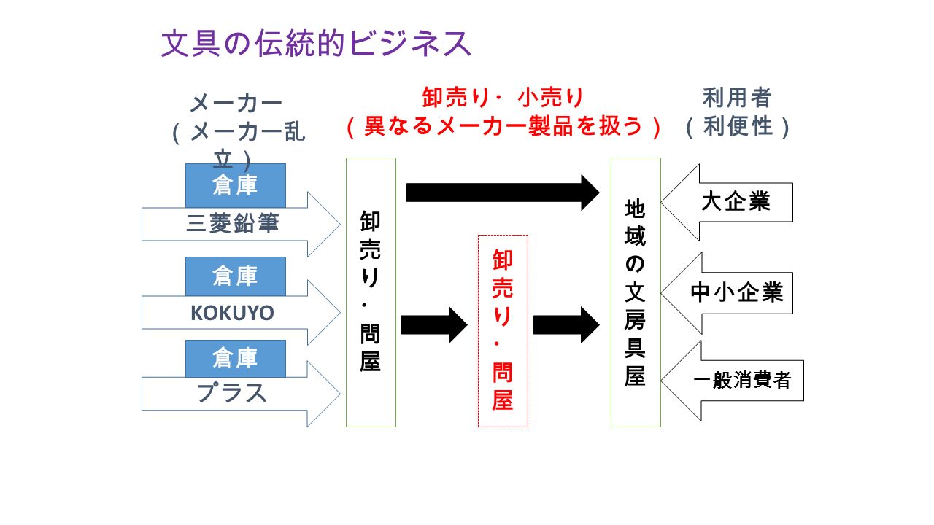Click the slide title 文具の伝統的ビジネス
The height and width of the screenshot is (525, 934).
pos(316,43)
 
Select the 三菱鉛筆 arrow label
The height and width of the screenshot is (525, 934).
pos(233,223)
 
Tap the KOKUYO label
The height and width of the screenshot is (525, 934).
pos(232,313)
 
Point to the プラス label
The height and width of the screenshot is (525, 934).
pos(232,393)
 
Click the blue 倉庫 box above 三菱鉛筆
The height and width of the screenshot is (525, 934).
pos(236,185)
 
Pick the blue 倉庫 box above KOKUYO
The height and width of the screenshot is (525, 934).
pos(236,276)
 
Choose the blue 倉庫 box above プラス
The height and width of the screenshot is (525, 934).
pos(236,358)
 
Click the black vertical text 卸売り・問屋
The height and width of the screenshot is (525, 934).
pos(370,291)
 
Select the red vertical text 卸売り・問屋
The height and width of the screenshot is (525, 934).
pos(503,330)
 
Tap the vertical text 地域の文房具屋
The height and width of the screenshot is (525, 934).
pos(635,292)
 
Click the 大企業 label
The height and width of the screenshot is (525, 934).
pos(736,202)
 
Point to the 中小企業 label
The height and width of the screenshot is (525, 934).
pos(737,292)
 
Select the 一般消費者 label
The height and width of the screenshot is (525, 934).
pos(742,380)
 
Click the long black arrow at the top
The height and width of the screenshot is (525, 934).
pos(503,192)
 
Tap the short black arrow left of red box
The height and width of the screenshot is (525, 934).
pos(434,325)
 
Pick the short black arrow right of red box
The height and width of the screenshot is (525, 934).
pos(567,325)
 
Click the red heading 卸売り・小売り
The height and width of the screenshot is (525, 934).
pos(503,98)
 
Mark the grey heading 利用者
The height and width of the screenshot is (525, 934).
pos(737,98)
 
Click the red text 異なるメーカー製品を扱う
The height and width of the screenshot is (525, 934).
pos(503,126)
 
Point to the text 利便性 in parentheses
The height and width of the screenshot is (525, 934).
pos(738,126)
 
